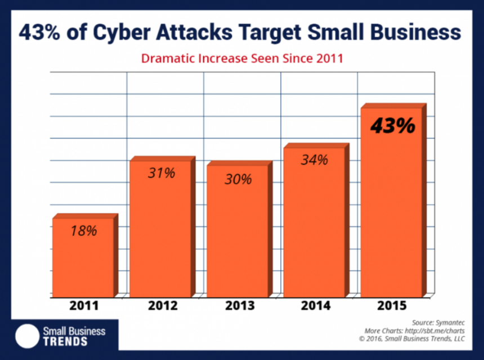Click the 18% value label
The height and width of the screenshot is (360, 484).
[84, 231]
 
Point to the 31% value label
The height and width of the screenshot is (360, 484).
[162, 173]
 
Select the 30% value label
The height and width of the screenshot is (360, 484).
[238, 179]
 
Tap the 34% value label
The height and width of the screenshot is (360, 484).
[314, 160]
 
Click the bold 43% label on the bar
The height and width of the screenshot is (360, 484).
[392, 126]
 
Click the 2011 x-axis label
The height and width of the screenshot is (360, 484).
[83, 307]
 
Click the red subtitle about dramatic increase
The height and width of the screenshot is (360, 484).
[242, 58]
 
